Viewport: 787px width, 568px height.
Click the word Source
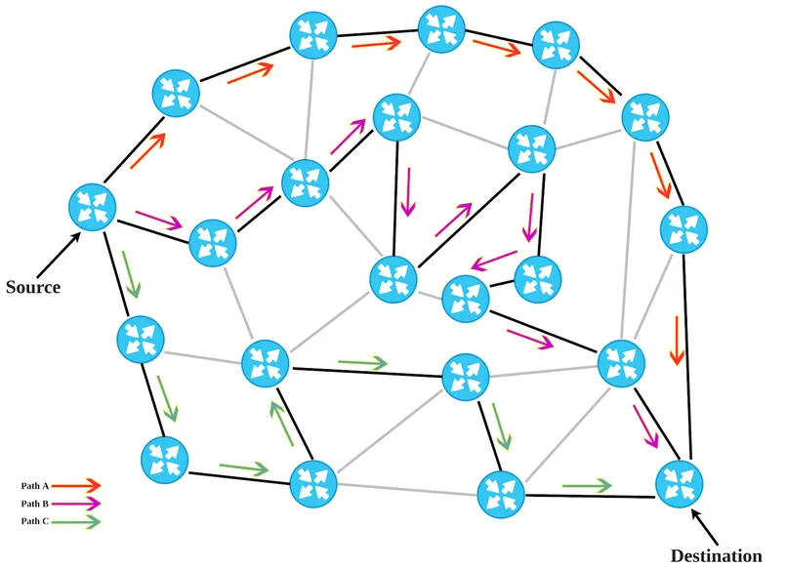[x=33, y=287]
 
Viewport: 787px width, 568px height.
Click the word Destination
[x=717, y=556]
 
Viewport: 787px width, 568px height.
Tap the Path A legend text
[x=34, y=486]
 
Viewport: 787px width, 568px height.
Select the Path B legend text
[x=34, y=504]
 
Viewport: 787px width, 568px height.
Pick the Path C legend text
[x=34, y=521]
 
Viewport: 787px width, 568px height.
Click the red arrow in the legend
[x=76, y=485]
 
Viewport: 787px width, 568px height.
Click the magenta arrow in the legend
[x=76, y=504]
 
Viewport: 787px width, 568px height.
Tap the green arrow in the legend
[x=76, y=522]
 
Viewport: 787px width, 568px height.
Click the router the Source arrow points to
[x=93, y=207]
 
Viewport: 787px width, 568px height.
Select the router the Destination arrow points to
[x=680, y=484]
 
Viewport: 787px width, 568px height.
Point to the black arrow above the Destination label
[x=705, y=527]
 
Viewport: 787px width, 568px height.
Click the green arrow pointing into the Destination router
[x=587, y=485]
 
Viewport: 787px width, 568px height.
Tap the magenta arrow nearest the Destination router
[x=645, y=426]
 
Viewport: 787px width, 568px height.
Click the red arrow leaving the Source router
[x=147, y=150]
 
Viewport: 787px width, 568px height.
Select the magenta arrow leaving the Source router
[x=158, y=220]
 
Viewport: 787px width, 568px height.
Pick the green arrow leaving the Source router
[x=132, y=274]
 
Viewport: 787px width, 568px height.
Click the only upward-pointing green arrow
[x=281, y=424]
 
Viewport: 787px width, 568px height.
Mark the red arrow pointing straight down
[x=677, y=341]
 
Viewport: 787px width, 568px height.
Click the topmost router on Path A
[x=441, y=29]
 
